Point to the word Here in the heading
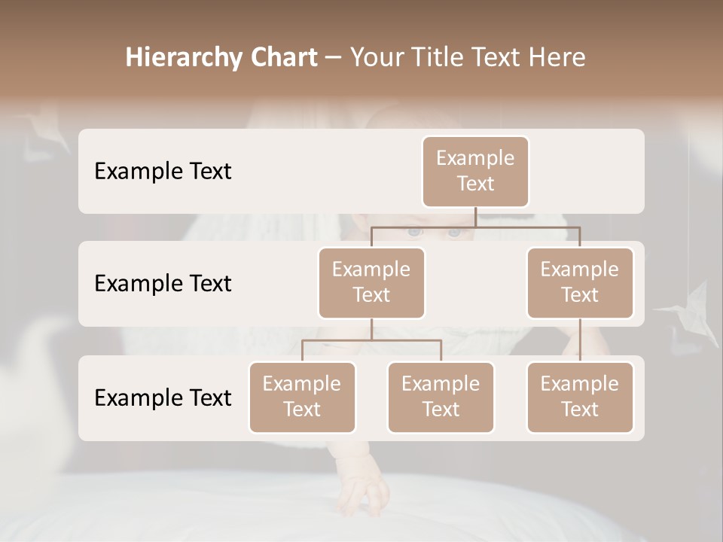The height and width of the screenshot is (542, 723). [x=557, y=58]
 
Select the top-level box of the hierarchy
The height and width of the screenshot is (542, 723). [x=475, y=172]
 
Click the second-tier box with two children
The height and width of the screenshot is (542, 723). [x=371, y=283]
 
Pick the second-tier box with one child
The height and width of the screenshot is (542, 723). [x=580, y=283]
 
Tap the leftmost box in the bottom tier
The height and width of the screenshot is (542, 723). [x=302, y=397]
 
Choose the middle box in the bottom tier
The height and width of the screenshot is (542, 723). [x=441, y=397]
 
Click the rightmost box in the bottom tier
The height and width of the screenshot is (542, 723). [x=580, y=397]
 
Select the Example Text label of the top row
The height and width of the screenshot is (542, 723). [x=163, y=172]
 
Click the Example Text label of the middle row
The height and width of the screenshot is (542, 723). [x=163, y=284]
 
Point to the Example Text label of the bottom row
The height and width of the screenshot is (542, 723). [x=163, y=398]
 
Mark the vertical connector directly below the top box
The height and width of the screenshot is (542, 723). [x=475, y=217]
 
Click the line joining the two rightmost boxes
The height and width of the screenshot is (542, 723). [x=580, y=340]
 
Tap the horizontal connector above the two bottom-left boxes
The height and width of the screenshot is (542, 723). [x=371, y=340]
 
